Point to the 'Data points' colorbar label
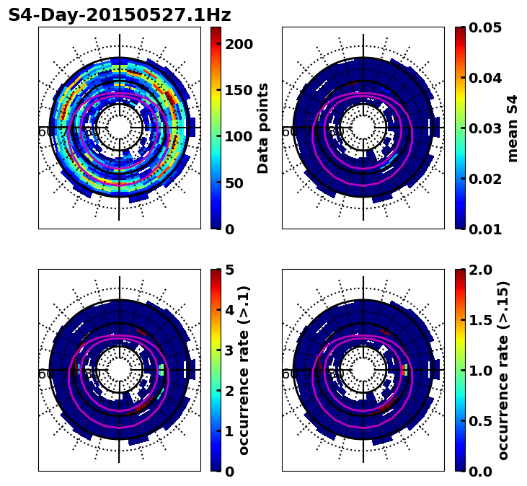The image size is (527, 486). coord(263,128)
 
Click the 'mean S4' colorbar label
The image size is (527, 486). coord(513,128)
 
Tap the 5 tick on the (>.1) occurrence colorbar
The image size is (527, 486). coord(229,270)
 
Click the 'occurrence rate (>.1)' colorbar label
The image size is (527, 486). coord(244,371)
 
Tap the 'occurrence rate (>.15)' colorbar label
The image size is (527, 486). coord(503,371)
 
